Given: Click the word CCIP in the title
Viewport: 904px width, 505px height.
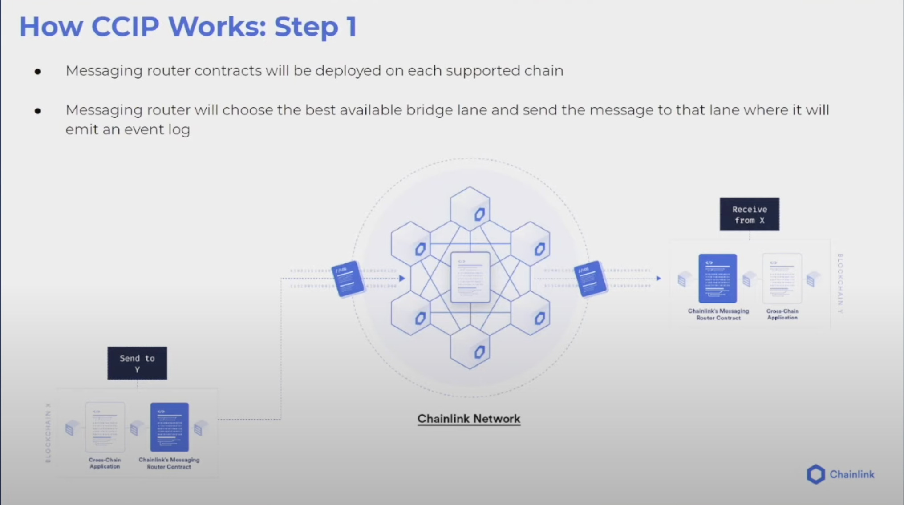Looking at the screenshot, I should (125, 27).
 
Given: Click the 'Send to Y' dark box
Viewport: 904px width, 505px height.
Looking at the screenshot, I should (137, 363).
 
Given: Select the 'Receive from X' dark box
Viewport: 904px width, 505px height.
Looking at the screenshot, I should (749, 214).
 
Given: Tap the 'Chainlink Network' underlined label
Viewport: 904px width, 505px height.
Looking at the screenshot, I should (469, 419).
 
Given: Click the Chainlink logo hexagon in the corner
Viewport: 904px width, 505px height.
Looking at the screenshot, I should (816, 474).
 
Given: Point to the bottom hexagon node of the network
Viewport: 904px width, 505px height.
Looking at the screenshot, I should (470, 347).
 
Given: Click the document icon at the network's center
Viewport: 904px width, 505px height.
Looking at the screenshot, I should (470, 277).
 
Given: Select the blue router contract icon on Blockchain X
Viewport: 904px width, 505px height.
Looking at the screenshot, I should (169, 427).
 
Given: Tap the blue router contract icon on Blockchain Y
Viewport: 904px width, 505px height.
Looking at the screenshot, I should (718, 279).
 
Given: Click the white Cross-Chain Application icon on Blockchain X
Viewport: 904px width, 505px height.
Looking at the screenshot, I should (105, 427).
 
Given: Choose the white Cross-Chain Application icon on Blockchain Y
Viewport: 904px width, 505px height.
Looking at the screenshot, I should (782, 279).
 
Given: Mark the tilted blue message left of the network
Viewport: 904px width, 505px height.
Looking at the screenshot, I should (348, 279).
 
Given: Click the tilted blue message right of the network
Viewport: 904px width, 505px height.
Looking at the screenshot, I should (590, 279).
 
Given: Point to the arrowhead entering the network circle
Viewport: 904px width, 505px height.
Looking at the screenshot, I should (402, 279).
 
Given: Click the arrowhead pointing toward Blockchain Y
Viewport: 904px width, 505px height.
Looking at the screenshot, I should (658, 279).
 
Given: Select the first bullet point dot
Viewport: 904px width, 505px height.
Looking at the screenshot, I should (38, 72).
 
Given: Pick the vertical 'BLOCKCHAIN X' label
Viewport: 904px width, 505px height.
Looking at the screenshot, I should (48, 433).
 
